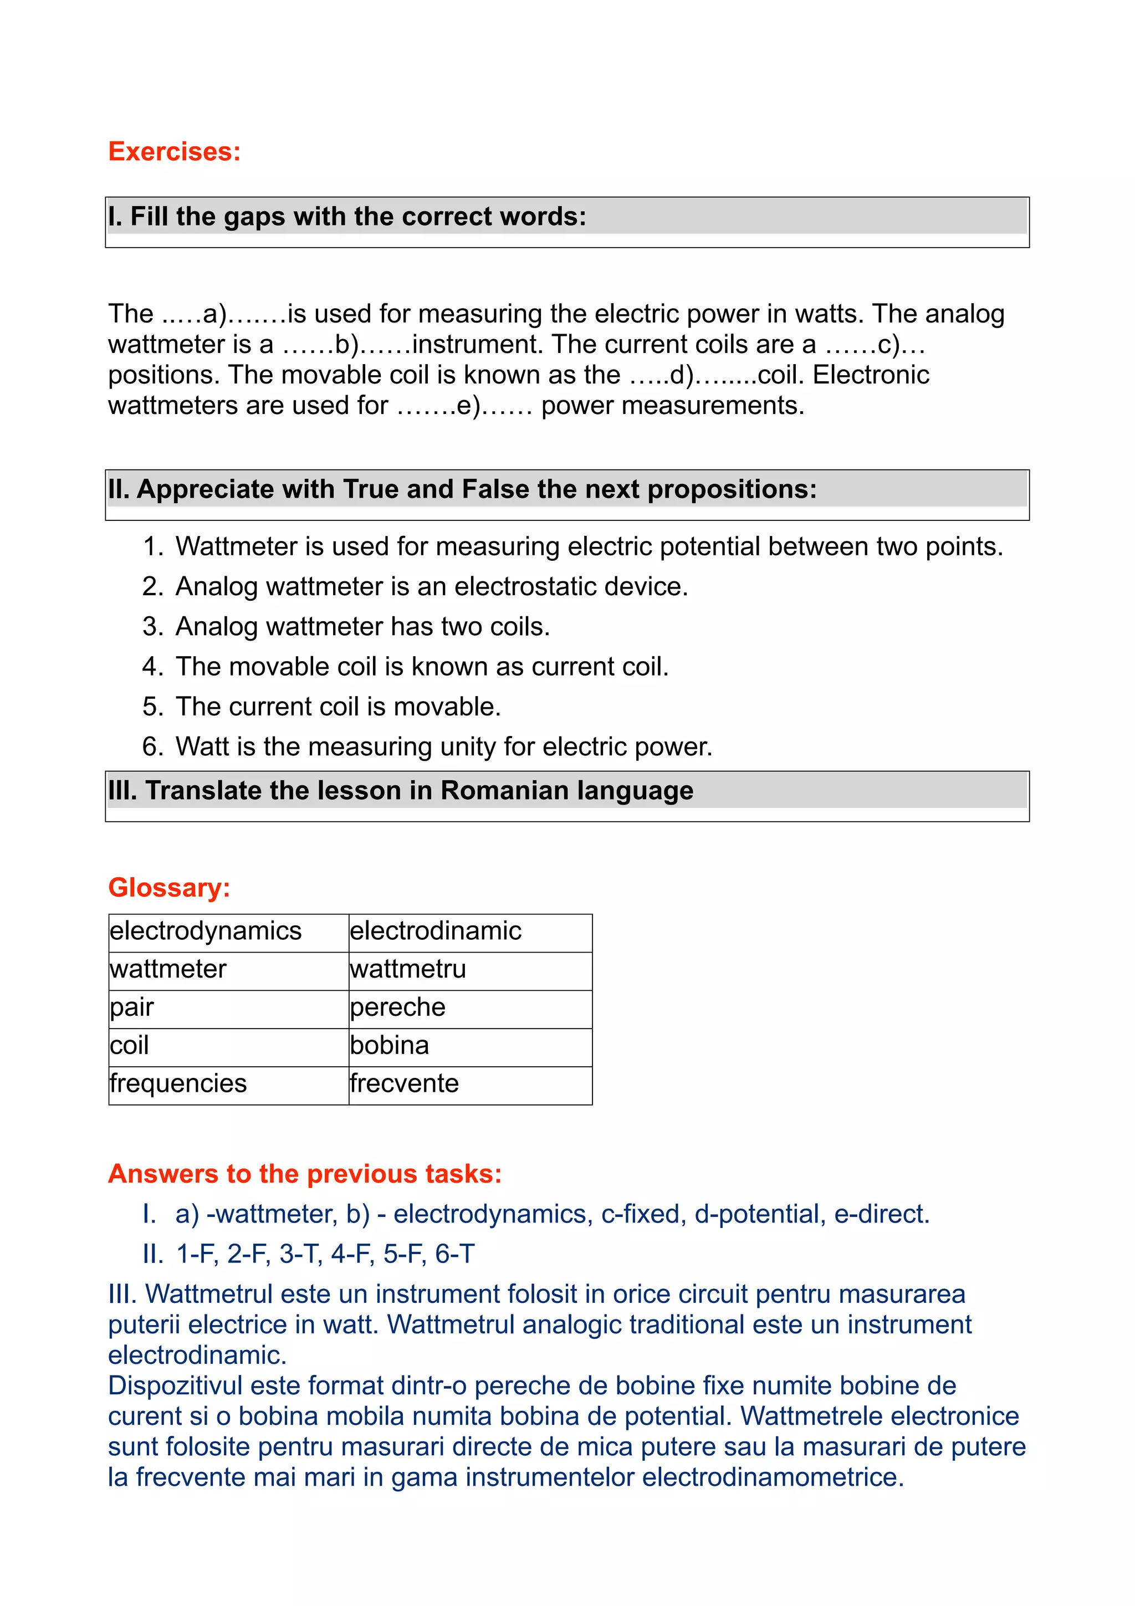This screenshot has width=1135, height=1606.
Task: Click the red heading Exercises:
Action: pos(174,152)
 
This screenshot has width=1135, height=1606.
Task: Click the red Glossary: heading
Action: pos(168,888)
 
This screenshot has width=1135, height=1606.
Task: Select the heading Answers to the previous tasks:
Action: pos(305,1174)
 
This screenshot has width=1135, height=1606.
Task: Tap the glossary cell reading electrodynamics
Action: pos(206,931)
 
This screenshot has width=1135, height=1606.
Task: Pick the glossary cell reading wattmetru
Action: pos(408,969)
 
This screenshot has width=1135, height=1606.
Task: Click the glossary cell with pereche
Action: pos(397,1007)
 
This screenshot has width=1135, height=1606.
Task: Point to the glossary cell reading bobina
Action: pos(390,1046)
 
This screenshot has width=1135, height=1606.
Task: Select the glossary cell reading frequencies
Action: pos(178,1083)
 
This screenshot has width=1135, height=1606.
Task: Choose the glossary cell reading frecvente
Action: pos(404,1083)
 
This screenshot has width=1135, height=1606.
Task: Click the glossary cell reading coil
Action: pos(129,1046)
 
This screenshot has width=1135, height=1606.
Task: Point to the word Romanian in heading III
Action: pos(504,790)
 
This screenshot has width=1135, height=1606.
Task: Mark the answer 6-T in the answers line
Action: pos(454,1254)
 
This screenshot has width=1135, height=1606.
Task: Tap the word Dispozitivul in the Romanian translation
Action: pos(175,1385)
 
